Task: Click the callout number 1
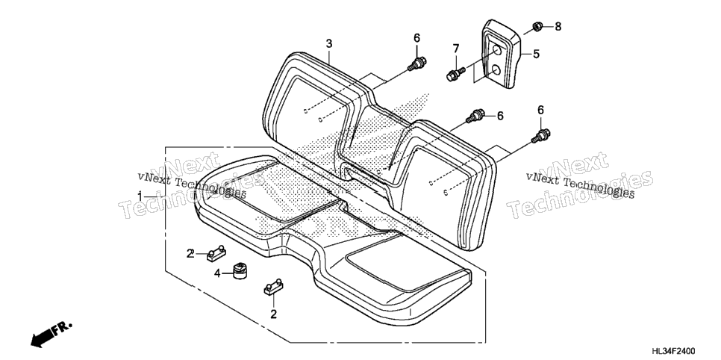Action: [140, 196]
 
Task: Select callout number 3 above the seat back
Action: [328, 44]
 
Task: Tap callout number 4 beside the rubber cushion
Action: [217, 274]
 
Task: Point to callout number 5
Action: [536, 54]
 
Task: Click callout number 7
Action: [456, 49]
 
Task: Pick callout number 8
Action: [558, 26]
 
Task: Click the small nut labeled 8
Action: [536, 26]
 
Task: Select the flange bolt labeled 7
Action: [456, 73]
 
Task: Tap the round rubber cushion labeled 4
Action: [239, 270]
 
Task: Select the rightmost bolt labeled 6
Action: [540, 136]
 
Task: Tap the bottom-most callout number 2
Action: [273, 314]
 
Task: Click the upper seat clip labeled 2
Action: [216, 252]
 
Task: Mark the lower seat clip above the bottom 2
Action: [273, 286]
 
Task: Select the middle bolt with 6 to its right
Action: [475, 116]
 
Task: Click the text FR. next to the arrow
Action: [62, 328]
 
